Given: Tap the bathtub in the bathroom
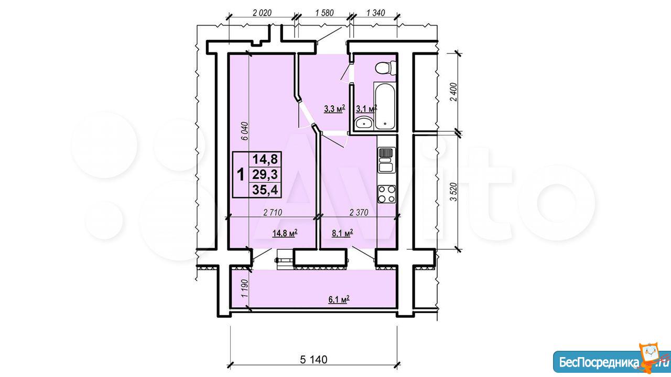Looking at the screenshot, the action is coord(385,106).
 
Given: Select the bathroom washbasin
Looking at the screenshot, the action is coord(364,123).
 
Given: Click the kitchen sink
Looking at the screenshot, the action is coord(386,160).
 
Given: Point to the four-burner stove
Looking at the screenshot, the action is coord(386,194).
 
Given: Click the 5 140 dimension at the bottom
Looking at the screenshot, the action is coord(313,360).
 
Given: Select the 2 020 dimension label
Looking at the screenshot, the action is coord(262,13).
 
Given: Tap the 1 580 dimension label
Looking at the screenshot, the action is coord(324,13).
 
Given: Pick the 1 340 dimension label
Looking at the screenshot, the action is coord(375,13).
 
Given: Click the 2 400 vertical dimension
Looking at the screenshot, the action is coord(454,92).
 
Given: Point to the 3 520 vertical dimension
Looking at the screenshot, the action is coord(454,192).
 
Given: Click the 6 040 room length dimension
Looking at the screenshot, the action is coord(245,131).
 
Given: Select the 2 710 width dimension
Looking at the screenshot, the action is coord(273,213).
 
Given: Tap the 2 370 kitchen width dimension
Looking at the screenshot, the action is coord(359,213).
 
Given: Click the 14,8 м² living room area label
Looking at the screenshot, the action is coord(285,233).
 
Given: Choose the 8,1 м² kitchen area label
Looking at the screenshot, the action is coord(342,233).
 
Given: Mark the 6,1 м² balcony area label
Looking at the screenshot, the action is coord(339,299).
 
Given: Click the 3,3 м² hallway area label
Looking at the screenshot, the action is coord(334,108).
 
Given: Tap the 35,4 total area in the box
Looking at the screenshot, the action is coord(265,190).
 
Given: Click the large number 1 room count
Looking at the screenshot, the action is coord(241,175).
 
